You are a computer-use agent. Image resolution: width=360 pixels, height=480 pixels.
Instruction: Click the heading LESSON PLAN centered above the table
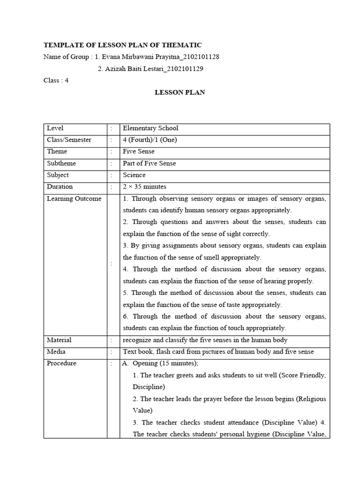tap(180, 92)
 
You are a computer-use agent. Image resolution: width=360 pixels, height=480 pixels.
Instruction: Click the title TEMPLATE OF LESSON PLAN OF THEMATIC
tap(122, 45)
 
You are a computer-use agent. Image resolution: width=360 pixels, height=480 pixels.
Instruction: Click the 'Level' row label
tap(55, 128)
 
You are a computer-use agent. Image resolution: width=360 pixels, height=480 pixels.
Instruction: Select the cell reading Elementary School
tap(150, 128)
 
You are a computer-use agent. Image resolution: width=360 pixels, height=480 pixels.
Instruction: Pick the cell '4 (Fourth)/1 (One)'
tap(150, 140)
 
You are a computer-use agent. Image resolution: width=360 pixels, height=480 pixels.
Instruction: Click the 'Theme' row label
tap(57, 151)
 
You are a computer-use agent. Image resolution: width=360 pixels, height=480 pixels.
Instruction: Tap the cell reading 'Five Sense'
tap(138, 151)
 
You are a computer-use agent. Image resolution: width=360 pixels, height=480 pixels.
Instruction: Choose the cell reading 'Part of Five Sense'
tap(150, 163)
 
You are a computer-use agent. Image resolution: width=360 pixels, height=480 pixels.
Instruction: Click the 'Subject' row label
tap(58, 175)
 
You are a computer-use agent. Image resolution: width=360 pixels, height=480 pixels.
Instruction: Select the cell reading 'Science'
tap(134, 175)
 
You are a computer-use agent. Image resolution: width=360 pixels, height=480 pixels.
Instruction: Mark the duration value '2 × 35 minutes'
tap(145, 187)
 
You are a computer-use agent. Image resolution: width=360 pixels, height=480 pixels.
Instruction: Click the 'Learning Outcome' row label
tap(74, 198)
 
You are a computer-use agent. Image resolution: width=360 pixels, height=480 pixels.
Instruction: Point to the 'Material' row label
tap(59, 340)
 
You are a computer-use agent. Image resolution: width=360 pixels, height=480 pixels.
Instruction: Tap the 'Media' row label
tap(56, 352)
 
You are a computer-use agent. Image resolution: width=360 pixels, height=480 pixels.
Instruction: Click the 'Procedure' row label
tap(61, 363)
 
